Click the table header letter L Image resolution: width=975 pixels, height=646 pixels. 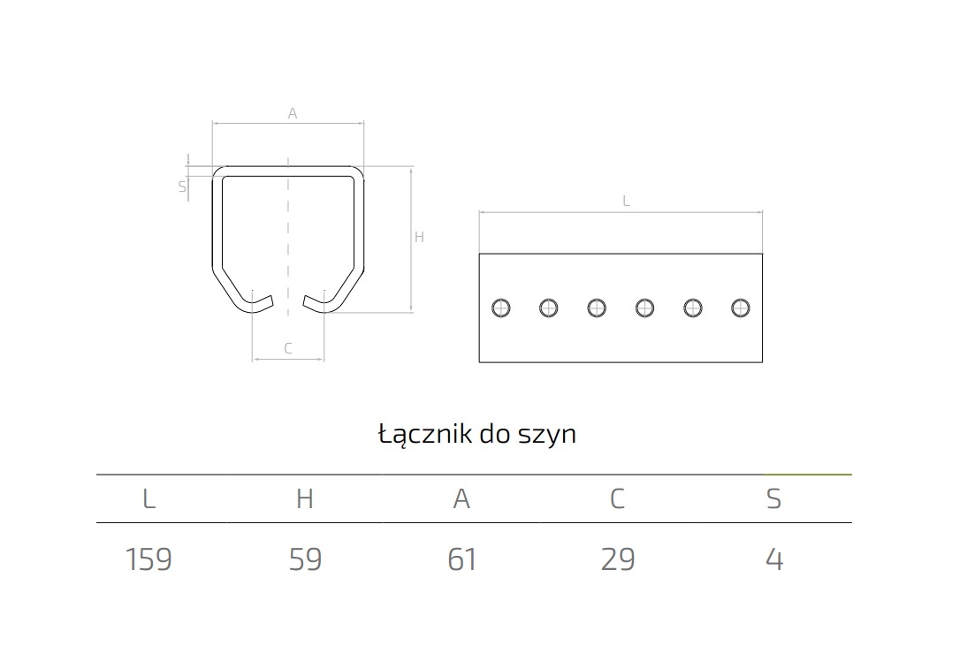[149, 498]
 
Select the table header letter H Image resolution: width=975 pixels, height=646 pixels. [305, 498]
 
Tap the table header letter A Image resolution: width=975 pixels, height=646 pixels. [461, 498]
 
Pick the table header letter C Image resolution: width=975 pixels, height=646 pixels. [617, 498]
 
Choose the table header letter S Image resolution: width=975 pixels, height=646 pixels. [773, 498]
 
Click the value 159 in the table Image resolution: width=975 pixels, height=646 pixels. [149, 559]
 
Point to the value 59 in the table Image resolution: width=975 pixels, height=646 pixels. [305, 559]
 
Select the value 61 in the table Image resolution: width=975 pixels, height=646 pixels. [462, 559]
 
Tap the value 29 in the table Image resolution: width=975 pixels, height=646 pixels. [618, 559]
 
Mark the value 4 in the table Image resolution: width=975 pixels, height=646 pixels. [774, 559]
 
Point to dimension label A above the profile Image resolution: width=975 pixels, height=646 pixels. [293, 113]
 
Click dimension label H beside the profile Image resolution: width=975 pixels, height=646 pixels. [419, 237]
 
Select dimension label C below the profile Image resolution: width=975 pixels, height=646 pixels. [288, 348]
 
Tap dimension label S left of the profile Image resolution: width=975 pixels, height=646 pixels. [182, 186]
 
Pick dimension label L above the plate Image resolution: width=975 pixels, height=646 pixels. [626, 201]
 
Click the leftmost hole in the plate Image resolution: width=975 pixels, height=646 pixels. [500, 308]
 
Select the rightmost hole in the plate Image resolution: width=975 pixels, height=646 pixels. [741, 308]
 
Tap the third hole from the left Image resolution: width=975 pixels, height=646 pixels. [597, 308]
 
